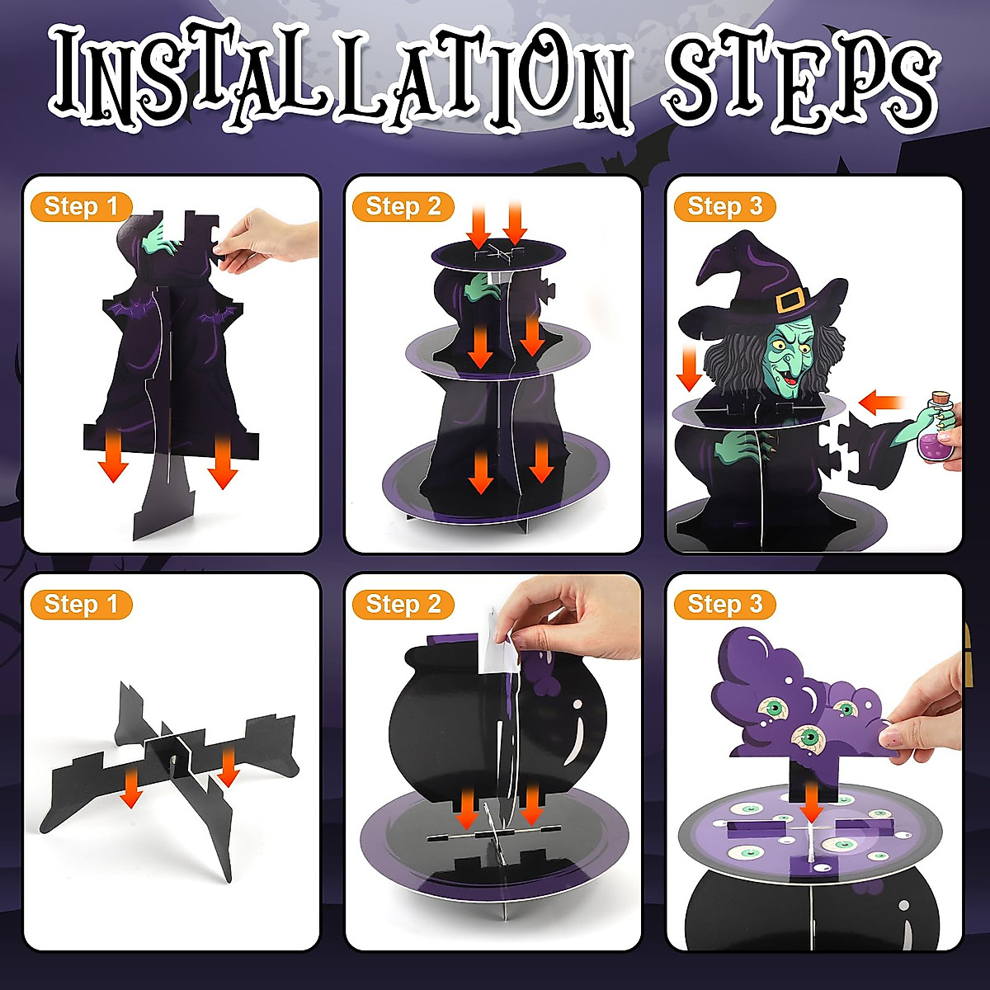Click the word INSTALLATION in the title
coord(338,78)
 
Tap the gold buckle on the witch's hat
coord(790,301)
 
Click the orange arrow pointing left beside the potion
coord(881,403)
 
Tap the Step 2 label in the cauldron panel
coord(403,604)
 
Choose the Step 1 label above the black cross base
coord(81,604)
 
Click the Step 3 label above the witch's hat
coord(725,206)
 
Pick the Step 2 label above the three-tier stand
coord(403,206)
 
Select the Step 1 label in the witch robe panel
coord(81,206)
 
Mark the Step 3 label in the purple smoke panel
coord(725,604)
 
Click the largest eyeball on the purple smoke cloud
coord(809,737)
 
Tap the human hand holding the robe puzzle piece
coord(264,239)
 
